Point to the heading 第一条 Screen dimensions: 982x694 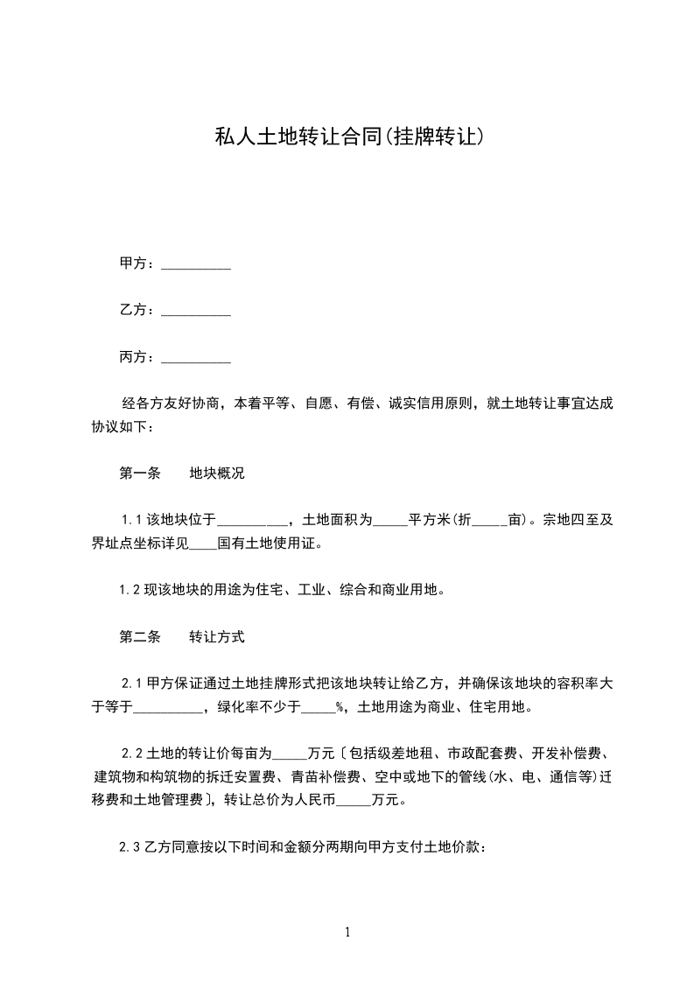(140, 473)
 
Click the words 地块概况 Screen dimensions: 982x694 (217, 473)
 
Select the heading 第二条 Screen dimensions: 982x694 (140, 637)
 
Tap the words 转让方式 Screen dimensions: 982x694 (217, 637)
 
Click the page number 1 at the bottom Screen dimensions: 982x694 (348, 933)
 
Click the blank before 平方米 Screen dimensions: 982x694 (390, 521)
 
